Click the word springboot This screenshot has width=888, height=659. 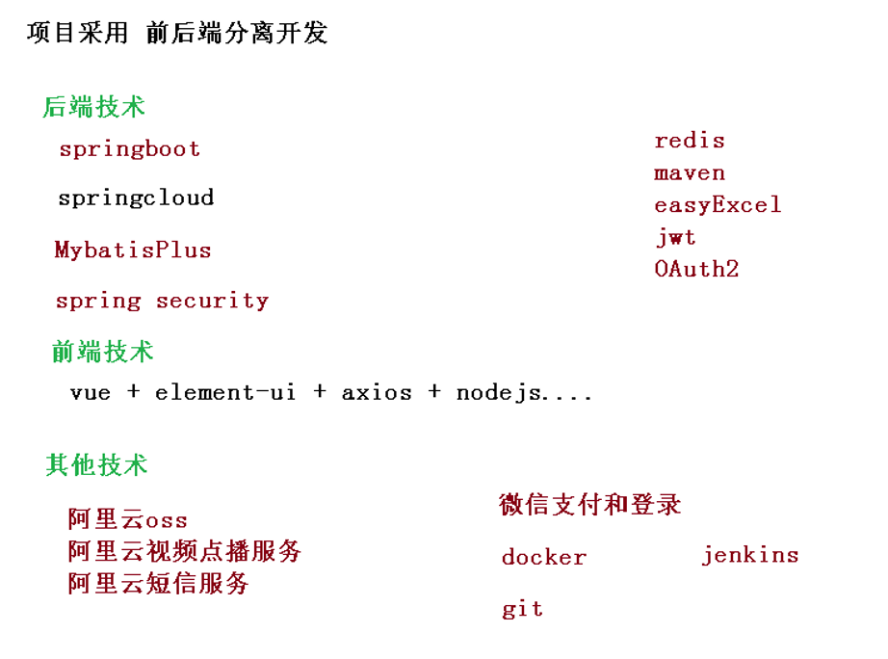[x=129, y=149]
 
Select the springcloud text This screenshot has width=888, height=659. [x=135, y=198]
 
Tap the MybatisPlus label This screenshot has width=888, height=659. [x=132, y=250]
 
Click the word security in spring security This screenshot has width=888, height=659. [x=212, y=301]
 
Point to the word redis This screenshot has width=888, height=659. [x=689, y=141]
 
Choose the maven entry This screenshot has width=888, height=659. [x=689, y=173]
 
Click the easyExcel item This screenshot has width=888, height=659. [x=717, y=205]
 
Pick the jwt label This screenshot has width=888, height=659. [x=675, y=237]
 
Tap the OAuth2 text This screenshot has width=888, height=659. [x=695, y=269]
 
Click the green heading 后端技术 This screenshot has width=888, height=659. [x=93, y=107]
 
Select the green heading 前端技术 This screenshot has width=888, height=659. [x=102, y=352]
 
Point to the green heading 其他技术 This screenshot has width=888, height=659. [x=96, y=465]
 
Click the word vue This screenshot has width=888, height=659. [x=91, y=393]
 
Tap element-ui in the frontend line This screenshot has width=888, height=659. [x=225, y=393]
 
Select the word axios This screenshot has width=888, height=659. [x=377, y=393]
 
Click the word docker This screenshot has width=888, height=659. [x=543, y=558]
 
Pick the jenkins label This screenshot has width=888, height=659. [x=749, y=555]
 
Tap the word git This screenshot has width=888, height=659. [x=522, y=609]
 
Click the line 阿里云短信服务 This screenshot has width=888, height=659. [x=158, y=583]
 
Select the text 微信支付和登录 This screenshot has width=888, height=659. [x=589, y=504]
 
